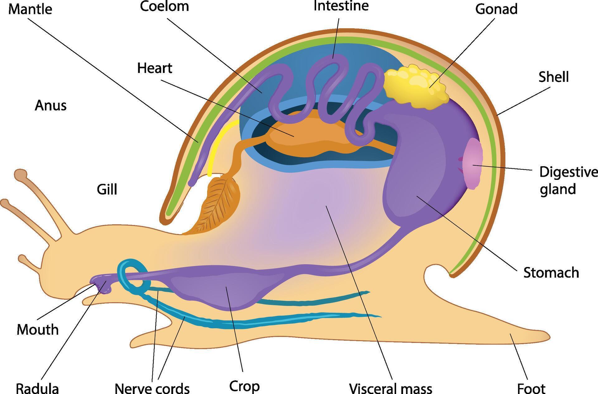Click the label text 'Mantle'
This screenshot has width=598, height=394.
pyautogui.click(x=30, y=9)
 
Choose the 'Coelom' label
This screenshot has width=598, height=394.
pyautogui.click(x=164, y=6)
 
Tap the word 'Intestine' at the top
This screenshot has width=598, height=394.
pyautogui.click(x=341, y=6)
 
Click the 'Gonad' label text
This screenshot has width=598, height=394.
pyautogui.click(x=496, y=9)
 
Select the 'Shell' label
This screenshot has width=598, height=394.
pyautogui.click(x=553, y=77)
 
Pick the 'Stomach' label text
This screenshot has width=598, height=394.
pyautogui.click(x=551, y=273)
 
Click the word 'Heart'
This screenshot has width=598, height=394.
pyautogui.click(x=155, y=68)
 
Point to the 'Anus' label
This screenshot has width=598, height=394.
pyautogui.click(x=50, y=106)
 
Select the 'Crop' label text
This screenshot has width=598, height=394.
pyautogui.click(x=244, y=386)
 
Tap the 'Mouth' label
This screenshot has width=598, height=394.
pyautogui.click(x=38, y=330)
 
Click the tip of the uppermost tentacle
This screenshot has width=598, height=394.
pyautogui.click(x=21, y=174)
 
